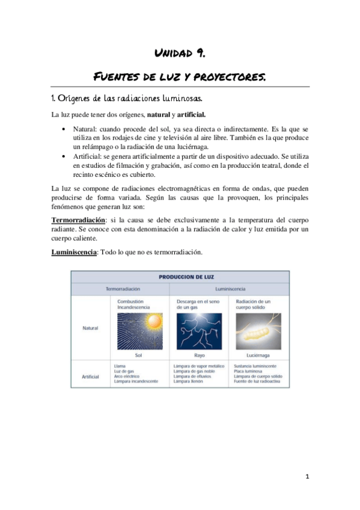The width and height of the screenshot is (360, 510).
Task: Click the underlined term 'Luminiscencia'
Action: coord(72,252)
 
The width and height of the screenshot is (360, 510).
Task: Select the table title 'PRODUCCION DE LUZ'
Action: coord(180,277)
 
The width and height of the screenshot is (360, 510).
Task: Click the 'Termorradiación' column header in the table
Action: coord(123,289)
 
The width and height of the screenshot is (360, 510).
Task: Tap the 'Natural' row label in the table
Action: coord(90,328)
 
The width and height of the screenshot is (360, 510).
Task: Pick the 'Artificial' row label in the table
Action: coord(90,376)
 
